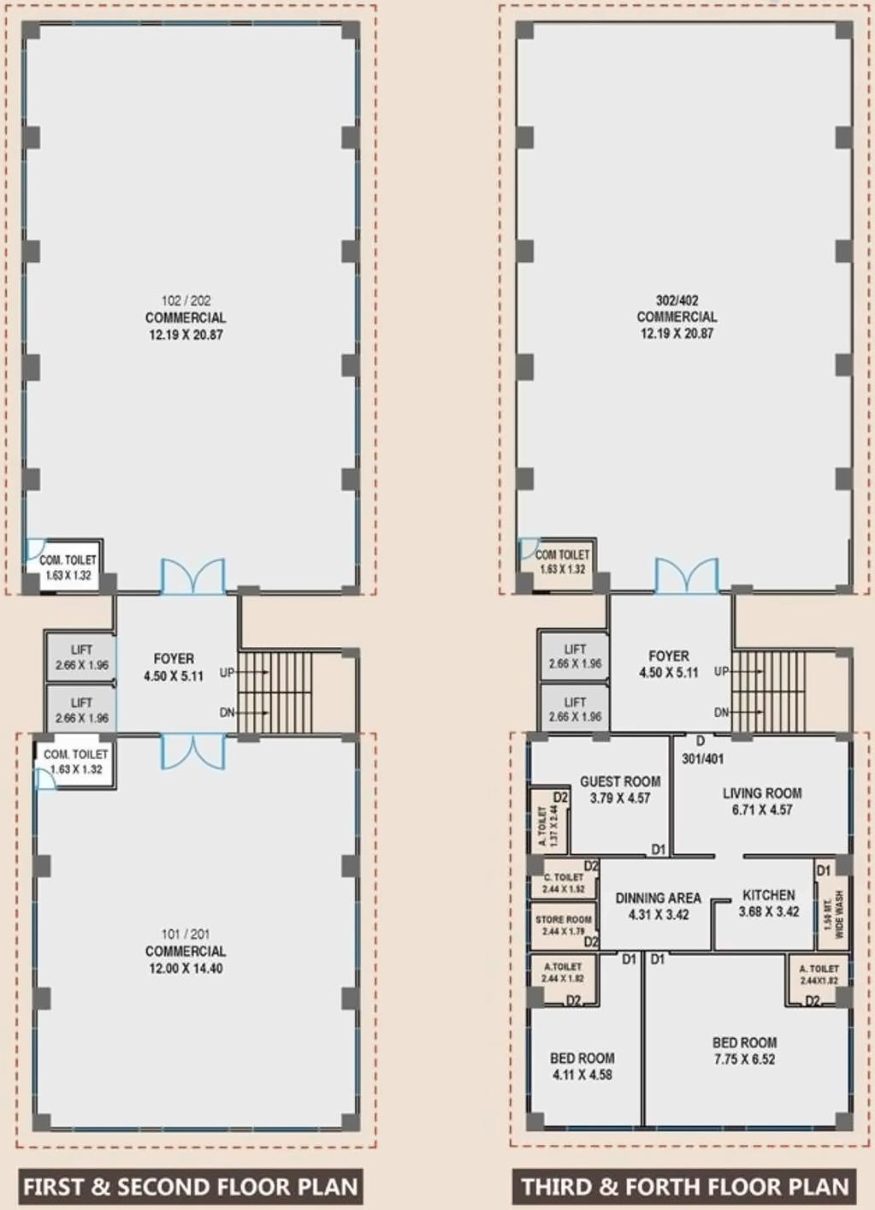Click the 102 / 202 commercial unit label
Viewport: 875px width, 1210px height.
coord(186,317)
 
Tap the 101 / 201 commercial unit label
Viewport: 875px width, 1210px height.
coord(186,951)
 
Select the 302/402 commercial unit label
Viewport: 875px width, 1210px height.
coord(677,317)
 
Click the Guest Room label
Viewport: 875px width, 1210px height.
coord(620,789)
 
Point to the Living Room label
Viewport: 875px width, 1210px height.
coord(762,801)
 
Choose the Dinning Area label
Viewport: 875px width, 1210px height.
coord(658,906)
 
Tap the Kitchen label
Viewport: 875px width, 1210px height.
coord(768,903)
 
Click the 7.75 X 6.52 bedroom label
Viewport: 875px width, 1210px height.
coord(744,1051)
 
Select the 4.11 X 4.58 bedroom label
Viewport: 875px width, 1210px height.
coord(582,1066)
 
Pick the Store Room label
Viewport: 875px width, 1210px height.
coord(564,925)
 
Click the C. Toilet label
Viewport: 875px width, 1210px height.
coord(564,882)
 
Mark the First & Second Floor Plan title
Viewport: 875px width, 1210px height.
coord(190,1187)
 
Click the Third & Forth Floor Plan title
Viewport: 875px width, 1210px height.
coord(684,1187)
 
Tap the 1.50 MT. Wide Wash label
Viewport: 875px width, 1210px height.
coord(833,914)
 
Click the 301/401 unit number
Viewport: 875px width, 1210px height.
coord(702,758)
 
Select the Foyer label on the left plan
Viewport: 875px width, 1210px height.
coord(174,667)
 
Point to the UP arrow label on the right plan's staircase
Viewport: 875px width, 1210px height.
coord(721,672)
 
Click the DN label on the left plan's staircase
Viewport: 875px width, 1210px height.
coord(227,712)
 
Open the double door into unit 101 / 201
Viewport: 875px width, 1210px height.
coord(193,750)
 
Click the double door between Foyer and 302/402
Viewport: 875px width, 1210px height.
coord(687,576)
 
